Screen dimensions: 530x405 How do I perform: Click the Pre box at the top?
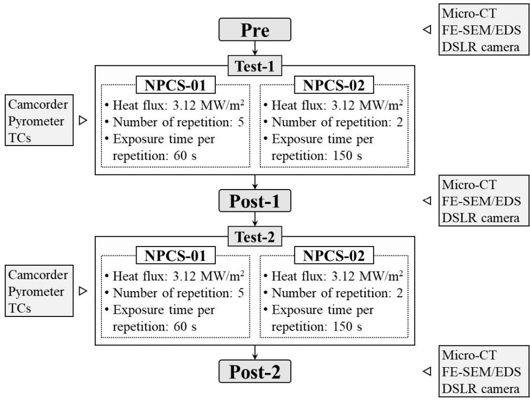coord(255,30)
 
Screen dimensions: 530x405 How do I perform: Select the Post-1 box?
coord(255,200)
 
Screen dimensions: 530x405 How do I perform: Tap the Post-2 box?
coord(255,371)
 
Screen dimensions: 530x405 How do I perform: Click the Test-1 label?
coord(255,66)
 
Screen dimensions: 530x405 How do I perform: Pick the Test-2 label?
coord(255,237)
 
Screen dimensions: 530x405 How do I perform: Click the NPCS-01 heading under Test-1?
coord(175,85)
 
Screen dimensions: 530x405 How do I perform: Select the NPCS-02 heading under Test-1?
coord(334,85)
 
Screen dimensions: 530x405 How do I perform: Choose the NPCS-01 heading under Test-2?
coord(175,255)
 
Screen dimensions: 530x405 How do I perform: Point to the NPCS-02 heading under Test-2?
coord(334,255)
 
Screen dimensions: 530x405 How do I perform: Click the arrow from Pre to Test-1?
coord(255,48)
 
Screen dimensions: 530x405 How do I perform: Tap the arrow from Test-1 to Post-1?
coord(255,182)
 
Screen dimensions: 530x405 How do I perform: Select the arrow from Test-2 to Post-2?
coord(255,353)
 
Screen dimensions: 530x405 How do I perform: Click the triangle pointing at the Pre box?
coord(427,30)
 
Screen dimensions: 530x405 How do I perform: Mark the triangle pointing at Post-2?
coord(427,371)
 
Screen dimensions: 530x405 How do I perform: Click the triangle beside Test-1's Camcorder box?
coord(83,120)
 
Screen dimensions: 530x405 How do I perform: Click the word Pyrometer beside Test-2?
coord(36,291)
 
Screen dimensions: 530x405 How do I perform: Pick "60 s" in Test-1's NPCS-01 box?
coord(185,156)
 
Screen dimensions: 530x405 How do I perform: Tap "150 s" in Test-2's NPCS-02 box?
coord(347,326)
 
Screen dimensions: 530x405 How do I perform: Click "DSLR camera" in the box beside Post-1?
coord(481,218)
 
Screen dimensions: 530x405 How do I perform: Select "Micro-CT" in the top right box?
coord(469,13)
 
